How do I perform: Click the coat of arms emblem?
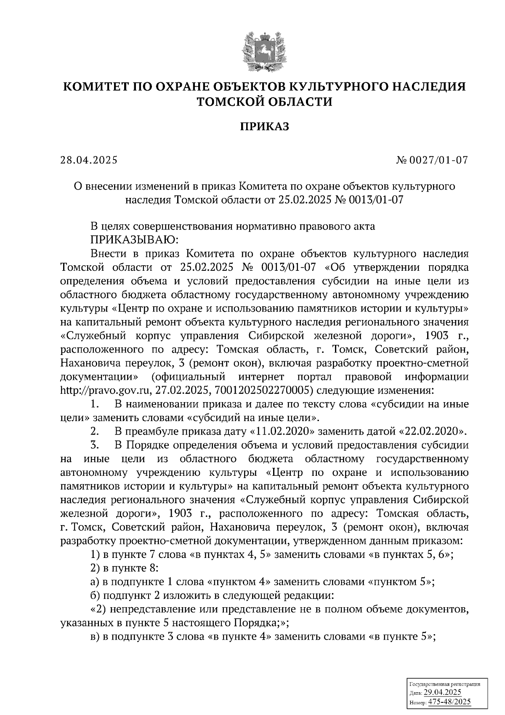(264, 51)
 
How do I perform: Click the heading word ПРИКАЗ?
(265, 126)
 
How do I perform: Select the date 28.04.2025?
(89, 160)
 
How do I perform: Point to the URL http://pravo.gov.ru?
(105, 390)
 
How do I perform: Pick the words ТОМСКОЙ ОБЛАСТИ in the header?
(265, 101)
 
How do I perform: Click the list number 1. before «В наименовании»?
(94, 404)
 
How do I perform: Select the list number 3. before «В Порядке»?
(94, 445)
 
